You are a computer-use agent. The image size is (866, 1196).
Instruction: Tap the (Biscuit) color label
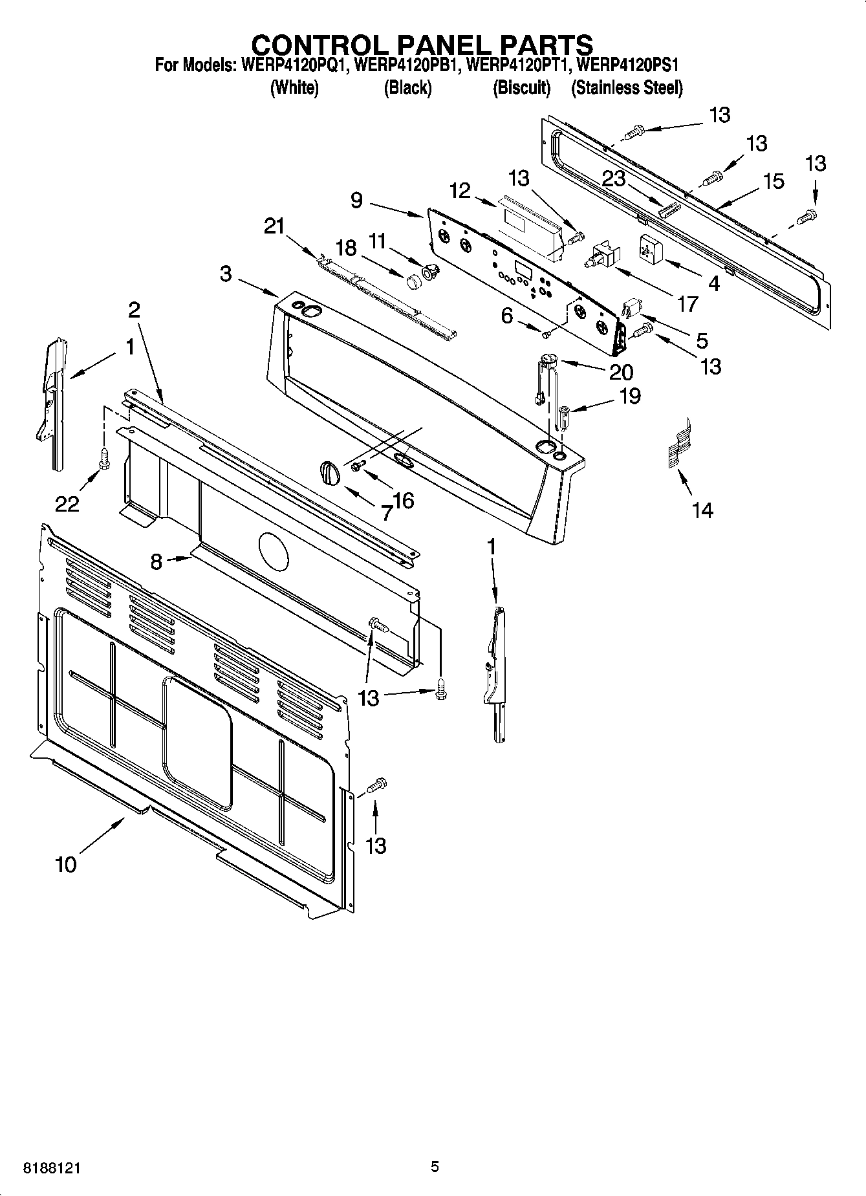521,87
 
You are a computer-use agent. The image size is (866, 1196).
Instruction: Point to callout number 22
67,504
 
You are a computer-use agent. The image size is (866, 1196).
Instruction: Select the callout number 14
702,510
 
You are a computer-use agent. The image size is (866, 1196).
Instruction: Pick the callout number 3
226,274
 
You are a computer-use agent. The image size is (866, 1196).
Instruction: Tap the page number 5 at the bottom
435,1167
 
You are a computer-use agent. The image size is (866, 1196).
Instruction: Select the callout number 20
621,372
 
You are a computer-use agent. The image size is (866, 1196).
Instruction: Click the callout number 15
774,181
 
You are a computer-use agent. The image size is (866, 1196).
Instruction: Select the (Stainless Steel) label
626,87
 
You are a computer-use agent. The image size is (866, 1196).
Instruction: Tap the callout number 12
460,191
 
